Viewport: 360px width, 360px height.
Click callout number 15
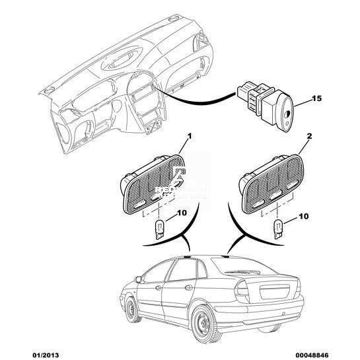316,98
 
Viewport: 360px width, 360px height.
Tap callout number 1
190,136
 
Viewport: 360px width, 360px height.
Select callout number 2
310,136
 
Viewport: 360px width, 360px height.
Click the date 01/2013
45,355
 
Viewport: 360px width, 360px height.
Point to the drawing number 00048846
313,355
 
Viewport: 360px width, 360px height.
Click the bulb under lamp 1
159,229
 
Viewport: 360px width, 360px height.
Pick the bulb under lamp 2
277,229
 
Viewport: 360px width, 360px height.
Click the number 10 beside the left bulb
182,213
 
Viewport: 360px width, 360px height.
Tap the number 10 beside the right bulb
303,216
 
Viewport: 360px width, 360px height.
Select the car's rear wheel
204,324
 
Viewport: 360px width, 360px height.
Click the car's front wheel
132,309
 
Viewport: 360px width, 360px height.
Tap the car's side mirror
138,279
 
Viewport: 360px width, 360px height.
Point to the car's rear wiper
242,272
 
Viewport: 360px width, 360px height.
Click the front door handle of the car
158,288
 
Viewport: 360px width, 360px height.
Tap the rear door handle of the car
188,287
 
